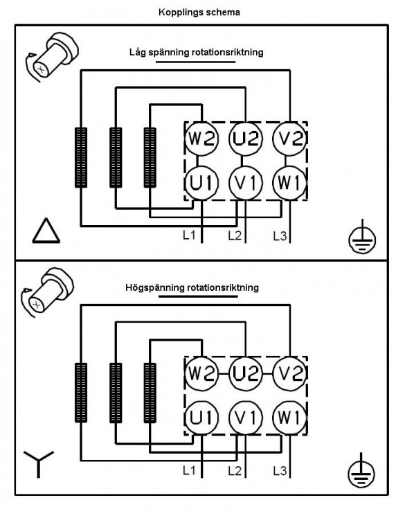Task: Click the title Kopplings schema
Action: (199, 12)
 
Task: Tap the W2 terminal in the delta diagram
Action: (201, 139)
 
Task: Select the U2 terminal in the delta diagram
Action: (245, 139)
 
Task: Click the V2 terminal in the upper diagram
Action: (290, 139)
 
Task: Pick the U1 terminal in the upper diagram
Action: (201, 183)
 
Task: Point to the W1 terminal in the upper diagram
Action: (290, 183)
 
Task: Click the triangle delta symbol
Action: (46, 231)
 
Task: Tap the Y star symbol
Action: (39, 464)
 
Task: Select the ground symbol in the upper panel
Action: (362, 237)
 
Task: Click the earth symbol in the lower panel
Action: (361, 472)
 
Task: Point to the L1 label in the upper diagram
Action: (189, 235)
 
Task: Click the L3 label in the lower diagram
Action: (280, 470)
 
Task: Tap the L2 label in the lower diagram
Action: (235, 470)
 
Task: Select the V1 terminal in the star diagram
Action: (245, 418)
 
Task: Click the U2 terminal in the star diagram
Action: (245, 373)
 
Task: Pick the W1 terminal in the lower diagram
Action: (290, 418)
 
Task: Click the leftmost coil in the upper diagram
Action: (81, 157)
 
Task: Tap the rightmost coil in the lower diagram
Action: (150, 393)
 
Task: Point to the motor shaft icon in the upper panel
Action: (52, 57)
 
